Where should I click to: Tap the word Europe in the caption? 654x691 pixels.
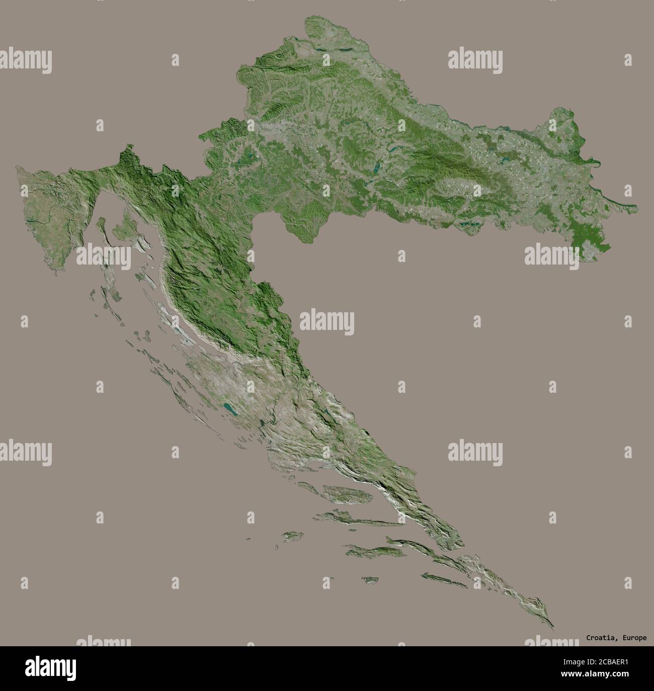pos(635,638)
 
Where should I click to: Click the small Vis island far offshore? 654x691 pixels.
pos(291,537)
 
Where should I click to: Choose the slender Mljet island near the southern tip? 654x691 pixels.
pos(443,580)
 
